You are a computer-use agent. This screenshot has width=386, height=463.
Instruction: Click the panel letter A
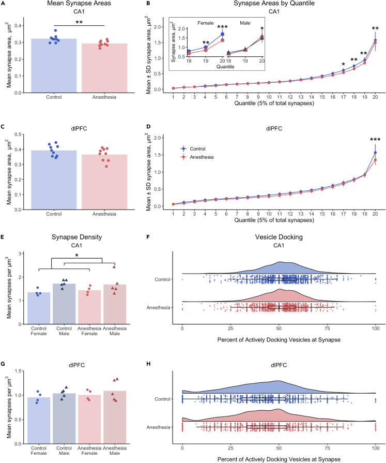(x=3, y=4)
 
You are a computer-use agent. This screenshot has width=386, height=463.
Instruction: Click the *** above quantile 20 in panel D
(x=375, y=140)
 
